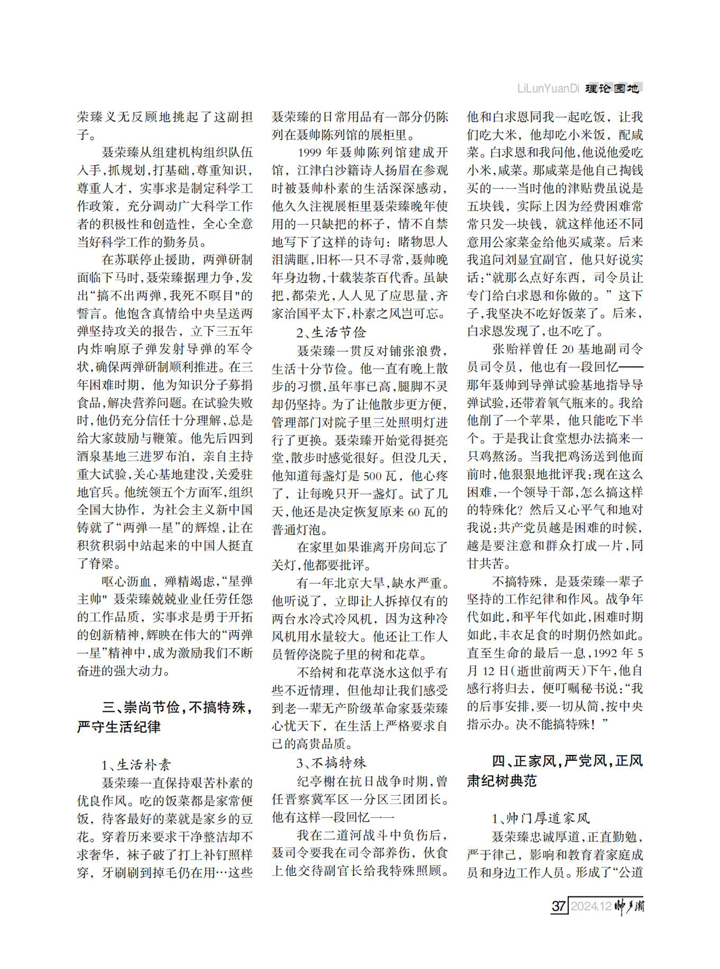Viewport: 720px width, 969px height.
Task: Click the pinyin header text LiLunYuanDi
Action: (548, 89)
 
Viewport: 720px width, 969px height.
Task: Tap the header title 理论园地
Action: (613, 89)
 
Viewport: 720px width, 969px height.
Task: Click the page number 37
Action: (559, 905)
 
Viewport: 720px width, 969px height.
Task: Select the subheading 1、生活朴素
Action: (136, 765)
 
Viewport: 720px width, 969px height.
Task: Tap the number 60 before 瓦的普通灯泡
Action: (413, 512)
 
